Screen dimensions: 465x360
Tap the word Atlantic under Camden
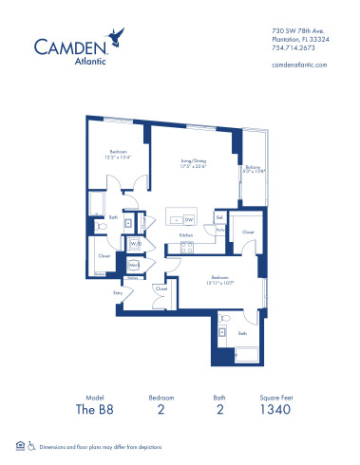69,63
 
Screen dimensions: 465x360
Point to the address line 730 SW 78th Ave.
292,28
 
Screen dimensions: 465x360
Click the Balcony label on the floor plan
251,170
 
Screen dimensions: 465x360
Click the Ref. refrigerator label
219,217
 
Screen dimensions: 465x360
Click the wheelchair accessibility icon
31,445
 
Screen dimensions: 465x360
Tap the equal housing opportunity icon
20,445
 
